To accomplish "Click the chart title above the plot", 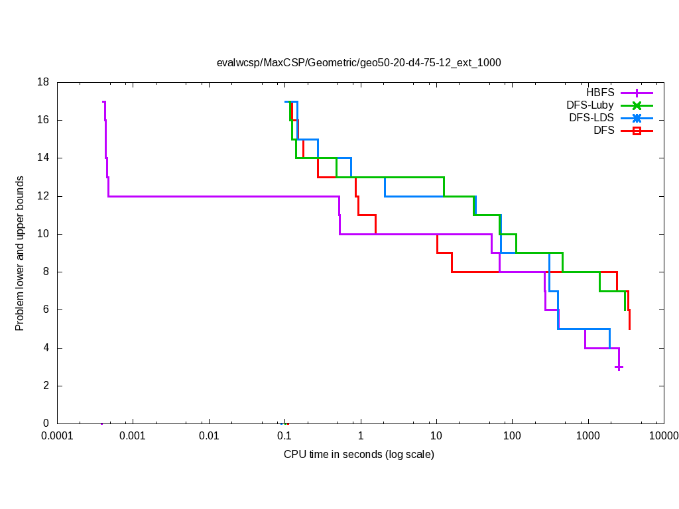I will [359, 63].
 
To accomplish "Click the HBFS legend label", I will [599, 93].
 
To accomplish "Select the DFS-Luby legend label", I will [589, 105].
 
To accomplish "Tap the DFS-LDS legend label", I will [591, 118].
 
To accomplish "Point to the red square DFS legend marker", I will [637, 131].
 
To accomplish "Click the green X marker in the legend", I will [637, 105].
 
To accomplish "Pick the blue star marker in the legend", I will [637, 118].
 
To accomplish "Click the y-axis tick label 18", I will [44, 82].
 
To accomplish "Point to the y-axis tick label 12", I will [44, 196].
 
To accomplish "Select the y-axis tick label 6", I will [46, 310].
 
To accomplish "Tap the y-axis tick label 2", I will [46, 386].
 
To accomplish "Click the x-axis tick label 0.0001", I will [57, 436].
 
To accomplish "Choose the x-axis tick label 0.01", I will [209, 436].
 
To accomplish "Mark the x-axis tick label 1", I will [361, 436].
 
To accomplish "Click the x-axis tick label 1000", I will [587, 436].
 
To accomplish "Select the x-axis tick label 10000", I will [663, 436].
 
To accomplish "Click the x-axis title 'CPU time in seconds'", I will [359, 455].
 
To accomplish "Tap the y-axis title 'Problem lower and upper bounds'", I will [20, 253].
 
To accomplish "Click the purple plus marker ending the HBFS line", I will [619, 367].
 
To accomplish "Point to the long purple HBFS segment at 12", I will [219, 196].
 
